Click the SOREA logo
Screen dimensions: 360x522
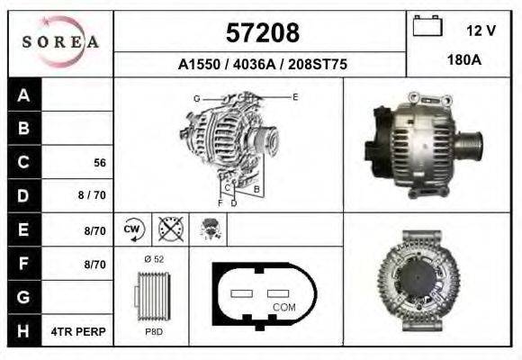pos(60,42)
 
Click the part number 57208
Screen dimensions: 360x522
pos(261,33)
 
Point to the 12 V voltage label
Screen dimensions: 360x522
pos(481,31)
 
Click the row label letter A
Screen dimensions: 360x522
pos(24,95)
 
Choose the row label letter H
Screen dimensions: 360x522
pos(24,332)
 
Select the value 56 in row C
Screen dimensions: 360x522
pos(100,163)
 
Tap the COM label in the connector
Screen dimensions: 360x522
pos(283,308)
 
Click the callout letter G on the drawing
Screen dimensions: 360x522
pos(196,97)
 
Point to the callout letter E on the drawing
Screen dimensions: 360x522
pos(294,96)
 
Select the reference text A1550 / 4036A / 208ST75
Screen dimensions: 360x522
pos(262,65)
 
